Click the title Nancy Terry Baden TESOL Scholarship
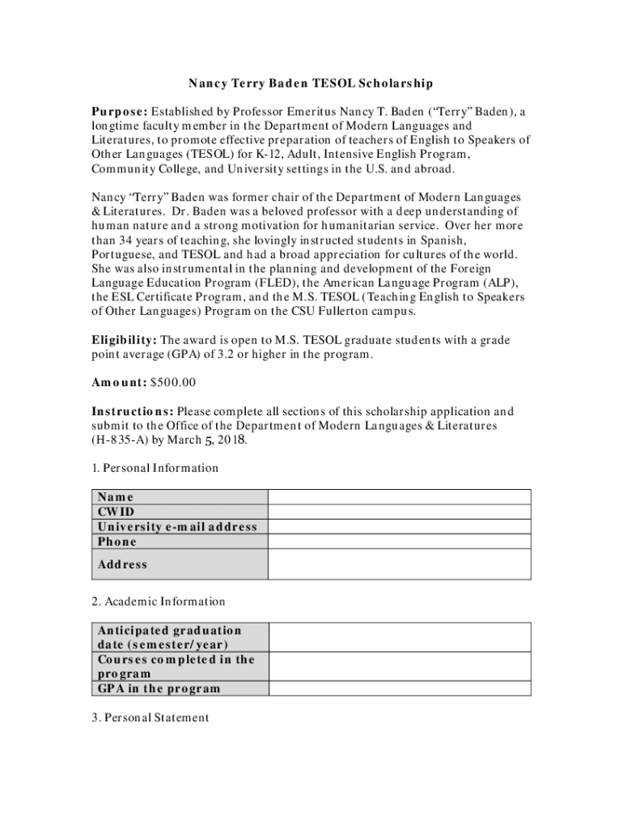coord(311,83)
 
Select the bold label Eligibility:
coord(124,340)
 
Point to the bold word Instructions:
coord(132,411)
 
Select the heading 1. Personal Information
coord(155,468)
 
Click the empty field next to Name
coord(399,497)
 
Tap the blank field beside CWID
coord(399,512)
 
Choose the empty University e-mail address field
coord(399,526)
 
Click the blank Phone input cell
coord(399,542)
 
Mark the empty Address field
coord(399,564)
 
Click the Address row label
coord(123,564)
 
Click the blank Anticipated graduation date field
coord(399,637)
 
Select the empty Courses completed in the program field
coord(399,666)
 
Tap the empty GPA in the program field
coord(399,688)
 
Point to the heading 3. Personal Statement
coord(150,717)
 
